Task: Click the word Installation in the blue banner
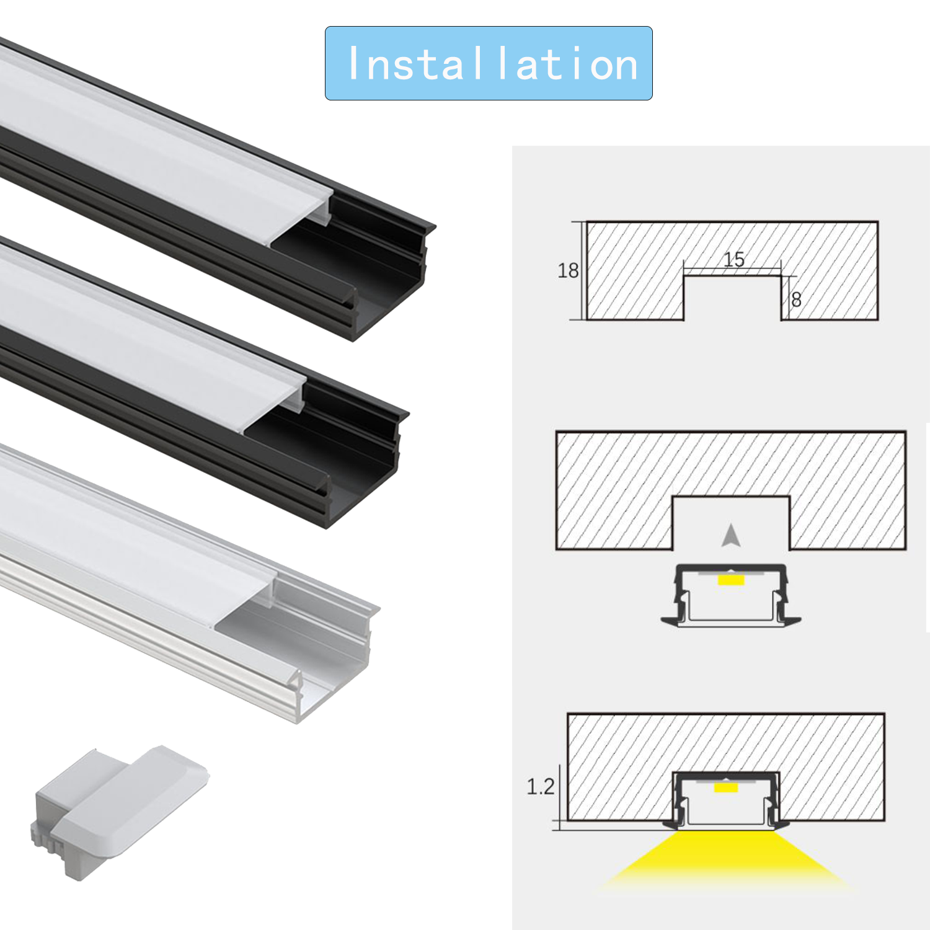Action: click(x=494, y=64)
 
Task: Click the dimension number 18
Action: click(x=568, y=270)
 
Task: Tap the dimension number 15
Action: click(x=734, y=259)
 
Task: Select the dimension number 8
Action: click(x=797, y=299)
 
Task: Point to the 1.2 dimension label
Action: click(x=541, y=787)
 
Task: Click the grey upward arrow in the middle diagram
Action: click(x=732, y=536)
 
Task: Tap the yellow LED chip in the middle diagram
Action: click(x=731, y=580)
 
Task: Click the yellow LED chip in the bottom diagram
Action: click(x=726, y=787)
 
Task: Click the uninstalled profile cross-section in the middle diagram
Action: click(x=732, y=595)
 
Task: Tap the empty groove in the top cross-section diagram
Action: click(x=732, y=298)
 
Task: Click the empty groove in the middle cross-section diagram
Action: click(x=732, y=523)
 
